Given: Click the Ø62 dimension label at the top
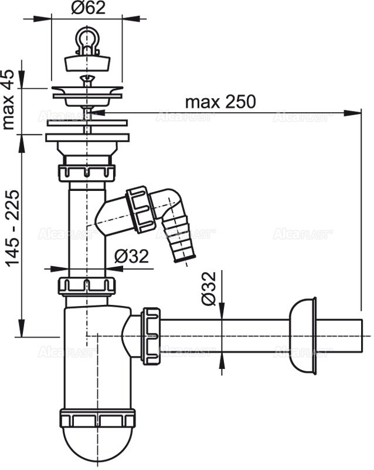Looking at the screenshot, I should pos(88,8).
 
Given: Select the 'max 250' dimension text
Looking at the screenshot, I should pos(220,102).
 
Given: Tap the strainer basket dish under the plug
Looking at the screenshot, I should pos(87,91).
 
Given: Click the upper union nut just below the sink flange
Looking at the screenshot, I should pos(87,173).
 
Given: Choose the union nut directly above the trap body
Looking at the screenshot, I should pos(86,286).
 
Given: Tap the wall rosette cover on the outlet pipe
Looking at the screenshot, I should pos(302,335).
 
